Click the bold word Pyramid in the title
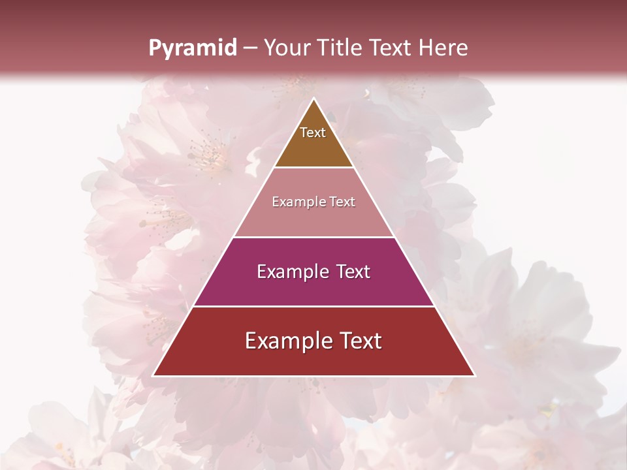click(192, 48)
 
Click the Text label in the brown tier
click(313, 133)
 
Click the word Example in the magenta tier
click(291, 272)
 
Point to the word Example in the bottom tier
click(285, 341)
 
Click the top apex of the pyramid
click(313, 99)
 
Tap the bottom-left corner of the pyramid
click(153, 375)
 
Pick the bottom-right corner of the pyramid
click(474, 375)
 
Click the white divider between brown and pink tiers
click(313, 168)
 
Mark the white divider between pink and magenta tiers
click(313, 237)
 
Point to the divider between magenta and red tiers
click(313, 306)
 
